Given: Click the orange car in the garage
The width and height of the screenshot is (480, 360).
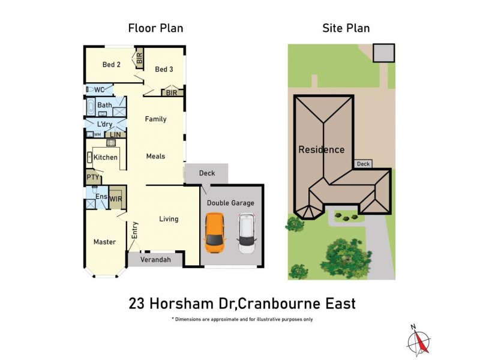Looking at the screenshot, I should coord(215,235).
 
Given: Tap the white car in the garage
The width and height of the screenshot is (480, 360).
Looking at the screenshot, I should coord(246,235).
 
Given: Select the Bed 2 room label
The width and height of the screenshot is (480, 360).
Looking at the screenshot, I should coord(112,65).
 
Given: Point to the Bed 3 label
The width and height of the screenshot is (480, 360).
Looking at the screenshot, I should coord(164,70).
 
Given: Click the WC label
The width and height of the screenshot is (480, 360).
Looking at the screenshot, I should coord(100,90).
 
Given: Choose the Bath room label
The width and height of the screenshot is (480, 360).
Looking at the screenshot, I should coord(104,106).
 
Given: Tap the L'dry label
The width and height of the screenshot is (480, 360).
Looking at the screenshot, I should coord(105,124).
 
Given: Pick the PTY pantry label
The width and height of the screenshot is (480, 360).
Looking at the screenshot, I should coord(92,177).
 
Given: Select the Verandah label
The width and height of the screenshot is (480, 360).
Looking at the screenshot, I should coord(155,260).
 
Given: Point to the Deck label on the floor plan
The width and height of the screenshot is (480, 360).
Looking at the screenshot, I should coord(207,173).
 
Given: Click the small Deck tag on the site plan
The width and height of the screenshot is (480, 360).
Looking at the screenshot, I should coord(363,164).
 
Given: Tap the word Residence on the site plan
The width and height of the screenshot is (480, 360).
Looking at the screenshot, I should coord(322,149).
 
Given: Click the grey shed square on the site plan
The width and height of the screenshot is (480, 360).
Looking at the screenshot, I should coord(383,53).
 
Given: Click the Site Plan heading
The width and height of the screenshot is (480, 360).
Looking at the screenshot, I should coord(346,28).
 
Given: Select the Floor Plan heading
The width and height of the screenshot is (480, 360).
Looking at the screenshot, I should coord(155,28).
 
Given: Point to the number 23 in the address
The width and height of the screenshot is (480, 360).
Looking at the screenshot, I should coord(136,304).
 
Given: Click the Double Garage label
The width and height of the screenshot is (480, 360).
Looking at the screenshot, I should coord(230,203).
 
